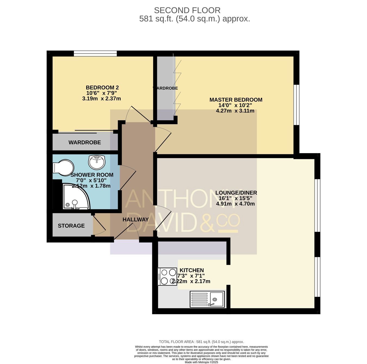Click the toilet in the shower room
[63, 167]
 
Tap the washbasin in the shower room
[97, 162]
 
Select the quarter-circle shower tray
[76, 196]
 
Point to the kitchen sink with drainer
[207, 299]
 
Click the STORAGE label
[71, 226]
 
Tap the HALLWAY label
[135, 219]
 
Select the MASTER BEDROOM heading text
[236, 100]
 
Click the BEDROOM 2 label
[102, 87]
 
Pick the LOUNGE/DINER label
[236, 193]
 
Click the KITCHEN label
[192, 270]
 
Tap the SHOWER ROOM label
[92, 175]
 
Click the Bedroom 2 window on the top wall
[95, 54]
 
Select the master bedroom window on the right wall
[297, 105]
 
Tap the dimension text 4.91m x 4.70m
[235, 204]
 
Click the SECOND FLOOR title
[187, 10]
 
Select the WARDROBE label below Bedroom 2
[85, 142]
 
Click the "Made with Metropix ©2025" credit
[201, 362]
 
